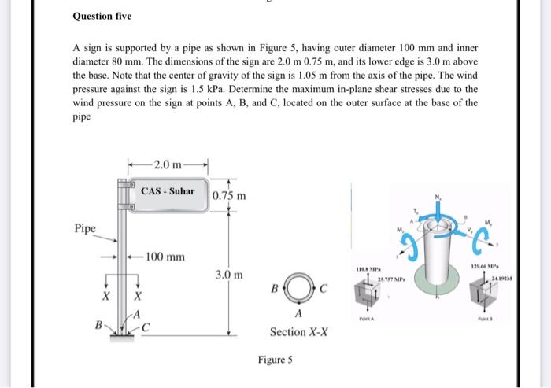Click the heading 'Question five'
(102, 16)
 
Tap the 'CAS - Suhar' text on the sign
(168, 191)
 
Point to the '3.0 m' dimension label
(228, 275)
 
